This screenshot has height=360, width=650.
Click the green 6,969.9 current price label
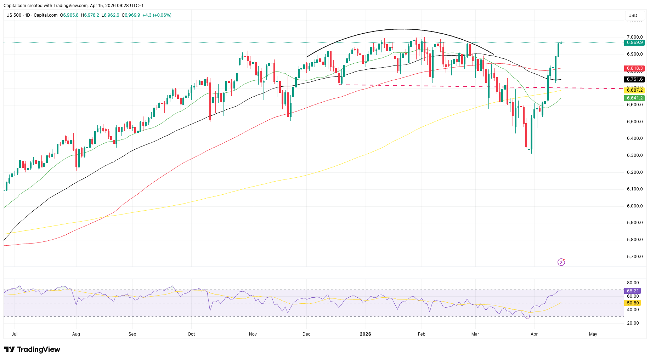[x=634, y=42]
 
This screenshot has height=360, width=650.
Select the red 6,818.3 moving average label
[x=634, y=68]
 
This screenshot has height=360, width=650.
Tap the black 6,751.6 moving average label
[x=634, y=79]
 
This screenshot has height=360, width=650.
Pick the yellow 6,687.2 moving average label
[x=634, y=90]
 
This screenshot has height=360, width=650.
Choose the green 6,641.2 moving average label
[x=634, y=98]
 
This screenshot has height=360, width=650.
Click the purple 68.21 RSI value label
[x=633, y=291]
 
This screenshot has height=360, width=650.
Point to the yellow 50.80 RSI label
[x=633, y=303]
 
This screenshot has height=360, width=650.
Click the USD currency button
[x=633, y=16]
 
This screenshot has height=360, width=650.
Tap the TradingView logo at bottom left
[x=32, y=349]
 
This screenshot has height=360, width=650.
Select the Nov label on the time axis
[x=253, y=334]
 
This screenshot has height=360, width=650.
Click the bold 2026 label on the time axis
[x=365, y=334]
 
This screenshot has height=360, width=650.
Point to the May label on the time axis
[x=593, y=334]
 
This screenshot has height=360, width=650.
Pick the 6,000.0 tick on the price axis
[x=635, y=206]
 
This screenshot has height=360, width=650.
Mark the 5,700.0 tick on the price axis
[x=635, y=257]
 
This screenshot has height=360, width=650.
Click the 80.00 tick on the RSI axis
[x=633, y=283]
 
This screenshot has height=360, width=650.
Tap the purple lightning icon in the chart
[x=561, y=262]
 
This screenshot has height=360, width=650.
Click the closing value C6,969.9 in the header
[x=131, y=15]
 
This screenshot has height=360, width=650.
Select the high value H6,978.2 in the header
[x=90, y=15]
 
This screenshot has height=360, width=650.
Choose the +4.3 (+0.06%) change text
[x=157, y=15]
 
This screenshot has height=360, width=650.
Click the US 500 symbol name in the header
[x=14, y=15]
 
